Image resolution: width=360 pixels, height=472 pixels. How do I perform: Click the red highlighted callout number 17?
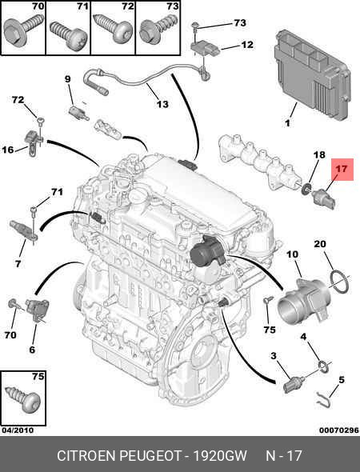[342, 169]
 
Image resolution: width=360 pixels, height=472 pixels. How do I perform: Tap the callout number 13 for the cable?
[162, 104]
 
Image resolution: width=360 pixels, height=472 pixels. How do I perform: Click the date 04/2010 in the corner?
[18, 430]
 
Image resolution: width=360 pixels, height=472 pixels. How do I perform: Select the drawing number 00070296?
[339, 430]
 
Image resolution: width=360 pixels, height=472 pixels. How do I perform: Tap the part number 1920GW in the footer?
[220, 456]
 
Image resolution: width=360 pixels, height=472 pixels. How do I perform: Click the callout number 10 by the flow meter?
[292, 254]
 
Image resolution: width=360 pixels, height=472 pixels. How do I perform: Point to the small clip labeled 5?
[323, 400]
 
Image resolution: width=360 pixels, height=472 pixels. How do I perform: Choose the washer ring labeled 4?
[324, 366]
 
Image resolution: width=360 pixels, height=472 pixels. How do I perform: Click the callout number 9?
[68, 79]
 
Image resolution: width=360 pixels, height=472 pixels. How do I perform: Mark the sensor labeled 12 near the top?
[206, 49]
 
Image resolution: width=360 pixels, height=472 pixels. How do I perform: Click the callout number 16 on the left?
[8, 150]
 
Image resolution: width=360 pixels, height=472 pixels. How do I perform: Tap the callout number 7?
[18, 264]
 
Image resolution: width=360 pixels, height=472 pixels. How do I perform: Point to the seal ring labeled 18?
[306, 190]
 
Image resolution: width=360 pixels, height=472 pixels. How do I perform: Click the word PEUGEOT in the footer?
[150, 456]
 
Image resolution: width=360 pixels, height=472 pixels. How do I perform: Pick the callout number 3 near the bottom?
[273, 356]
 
